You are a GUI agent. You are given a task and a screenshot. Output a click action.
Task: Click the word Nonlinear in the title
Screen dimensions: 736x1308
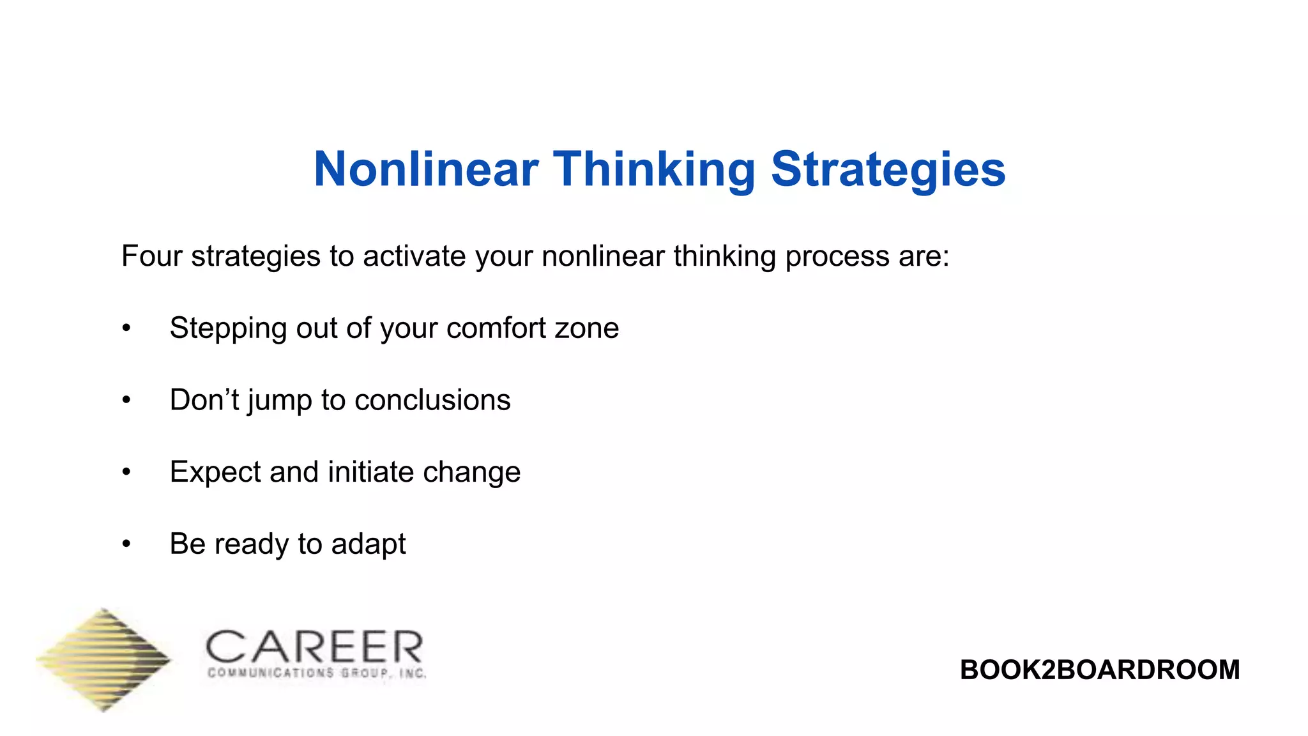pyautogui.click(x=426, y=169)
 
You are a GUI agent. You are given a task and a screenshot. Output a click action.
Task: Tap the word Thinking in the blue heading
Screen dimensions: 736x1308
pyautogui.click(x=655, y=169)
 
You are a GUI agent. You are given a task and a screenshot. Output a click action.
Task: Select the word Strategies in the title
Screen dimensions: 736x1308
pyautogui.click(x=888, y=169)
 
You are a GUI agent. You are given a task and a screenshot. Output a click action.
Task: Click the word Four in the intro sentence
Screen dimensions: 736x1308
pyautogui.click(x=151, y=256)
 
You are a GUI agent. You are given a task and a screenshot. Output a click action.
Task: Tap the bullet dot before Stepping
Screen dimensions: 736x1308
pyautogui.click(x=126, y=328)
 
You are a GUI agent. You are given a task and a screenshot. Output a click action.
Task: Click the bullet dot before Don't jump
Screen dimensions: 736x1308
pyautogui.click(x=126, y=401)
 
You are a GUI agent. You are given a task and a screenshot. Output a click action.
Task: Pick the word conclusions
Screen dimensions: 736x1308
pyautogui.click(x=432, y=401)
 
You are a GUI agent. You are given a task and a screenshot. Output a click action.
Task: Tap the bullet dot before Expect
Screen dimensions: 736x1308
pyautogui.click(x=126, y=473)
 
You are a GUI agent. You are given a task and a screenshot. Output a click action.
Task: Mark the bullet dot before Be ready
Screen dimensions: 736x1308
pyautogui.click(x=126, y=544)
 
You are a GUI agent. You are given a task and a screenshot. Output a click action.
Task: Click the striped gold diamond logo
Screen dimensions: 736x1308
pyautogui.click(x=104, y=659)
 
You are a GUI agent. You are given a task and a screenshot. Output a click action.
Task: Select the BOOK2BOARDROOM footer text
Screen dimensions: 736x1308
pyautogui.click(x=1099, y=670)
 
